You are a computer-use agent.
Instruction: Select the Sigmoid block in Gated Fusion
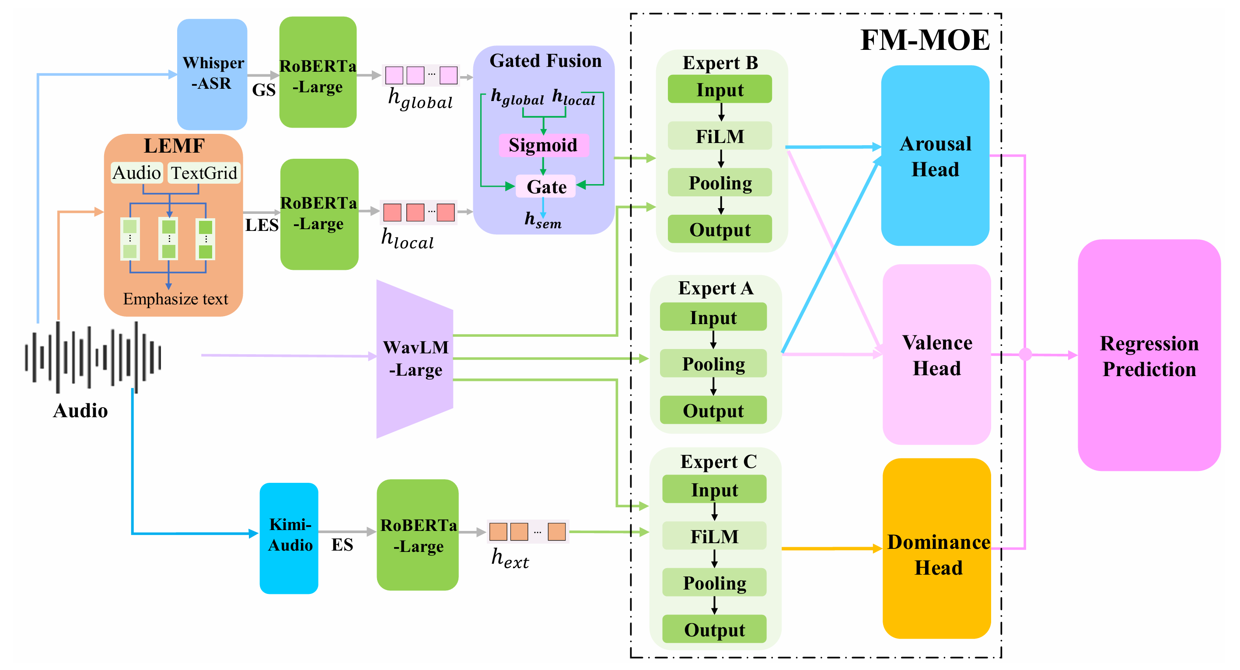coord(543,145)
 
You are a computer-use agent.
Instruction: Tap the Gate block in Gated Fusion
coord(546,187)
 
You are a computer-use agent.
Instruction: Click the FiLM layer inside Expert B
coord(720,136)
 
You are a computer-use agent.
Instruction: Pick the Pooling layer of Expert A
coord(713,364)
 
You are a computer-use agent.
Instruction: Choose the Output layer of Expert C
coord(714,630)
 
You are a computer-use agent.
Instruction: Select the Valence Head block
coord(936,355)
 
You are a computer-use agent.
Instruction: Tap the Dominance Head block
coord(937,549)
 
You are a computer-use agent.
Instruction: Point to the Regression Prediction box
coord(1149,355)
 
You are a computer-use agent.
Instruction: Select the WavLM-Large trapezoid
coord(415,359)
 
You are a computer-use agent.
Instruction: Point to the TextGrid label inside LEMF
coord(204,173)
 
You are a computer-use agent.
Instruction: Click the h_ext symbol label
coord(510,559)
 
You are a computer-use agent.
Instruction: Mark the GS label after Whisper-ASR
coord(264,90)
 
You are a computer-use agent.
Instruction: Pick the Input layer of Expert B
coord(720,90)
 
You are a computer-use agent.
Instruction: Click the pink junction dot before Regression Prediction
coord(1025,355)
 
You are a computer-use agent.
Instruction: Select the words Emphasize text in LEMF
coord(175,299)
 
